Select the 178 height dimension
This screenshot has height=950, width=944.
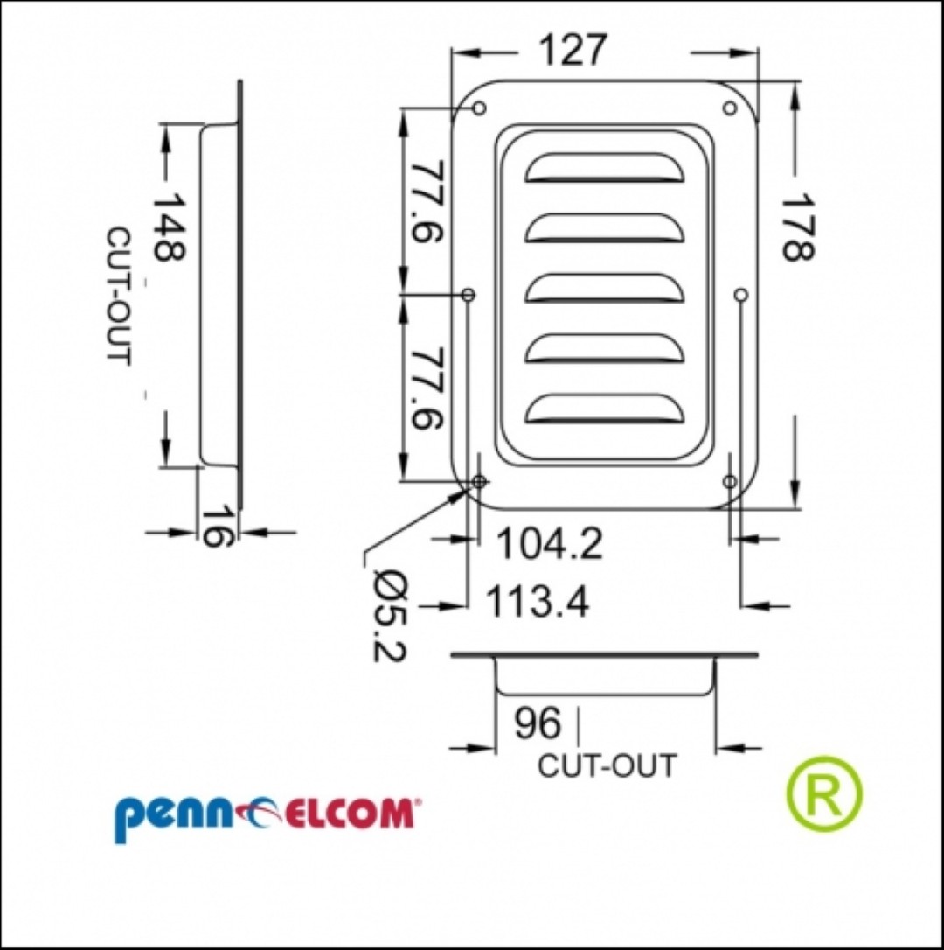pos(797,227)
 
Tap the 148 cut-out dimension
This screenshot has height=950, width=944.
pos(167,227)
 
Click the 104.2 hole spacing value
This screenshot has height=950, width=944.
pos(549,543)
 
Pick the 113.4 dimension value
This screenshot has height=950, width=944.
pos(537,602)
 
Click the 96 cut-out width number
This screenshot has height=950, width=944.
pos(538,723)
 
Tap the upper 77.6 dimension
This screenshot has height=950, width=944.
pos(427,201)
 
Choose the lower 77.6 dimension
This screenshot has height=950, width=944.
pos(427,388)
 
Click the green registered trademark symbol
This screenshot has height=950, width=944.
pos(824,794)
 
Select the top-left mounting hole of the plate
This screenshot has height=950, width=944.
pos(479,108)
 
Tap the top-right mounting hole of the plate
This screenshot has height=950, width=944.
pos(730,108)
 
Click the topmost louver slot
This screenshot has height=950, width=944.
pos(605,168)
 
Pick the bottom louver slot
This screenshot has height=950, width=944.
pos(605,409)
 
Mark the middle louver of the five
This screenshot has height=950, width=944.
pos(605,289)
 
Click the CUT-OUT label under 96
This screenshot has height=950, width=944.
pos(607,765)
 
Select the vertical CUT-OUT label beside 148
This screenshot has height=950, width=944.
pos(119,297)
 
